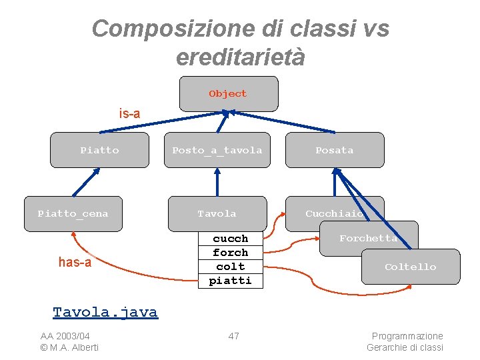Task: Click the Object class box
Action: tap(228, 93)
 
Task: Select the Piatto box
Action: tap(99, 150)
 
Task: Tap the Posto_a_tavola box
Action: tap(217, 150)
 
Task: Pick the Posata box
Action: tap(335, 150)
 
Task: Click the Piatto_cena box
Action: tap(73, 213)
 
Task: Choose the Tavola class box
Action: tap(217, 213)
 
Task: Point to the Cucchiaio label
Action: tap(334, 213)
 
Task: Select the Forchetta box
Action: tap(368, 238)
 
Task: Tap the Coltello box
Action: tap(410, 267)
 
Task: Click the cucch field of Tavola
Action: tap(231, 239)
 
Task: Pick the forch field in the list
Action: tap(231, 253)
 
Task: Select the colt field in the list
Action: tap(231, 267)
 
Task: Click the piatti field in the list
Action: tap(231, 281)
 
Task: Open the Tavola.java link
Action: tap(105, 312)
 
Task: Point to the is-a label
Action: tap(129, 113)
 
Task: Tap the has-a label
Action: tap(75, 262)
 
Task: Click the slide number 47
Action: tap(233, 336)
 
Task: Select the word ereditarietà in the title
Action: tap(240, 57)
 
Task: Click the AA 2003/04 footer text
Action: tap(65, 336)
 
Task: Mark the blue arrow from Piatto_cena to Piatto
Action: tap(86, 181)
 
